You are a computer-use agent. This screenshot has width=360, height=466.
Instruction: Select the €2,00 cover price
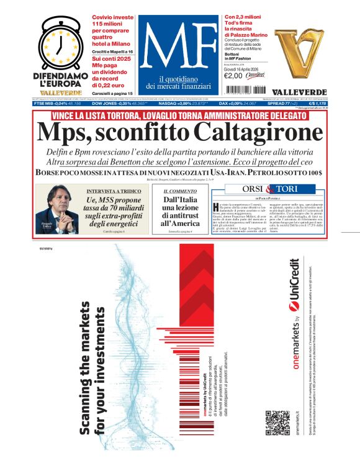(x=233, y=76)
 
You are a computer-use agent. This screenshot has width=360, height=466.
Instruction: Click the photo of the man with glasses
(x=53, y=208)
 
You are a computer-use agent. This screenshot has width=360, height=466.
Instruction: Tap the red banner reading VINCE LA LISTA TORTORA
(x=180, y=115)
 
